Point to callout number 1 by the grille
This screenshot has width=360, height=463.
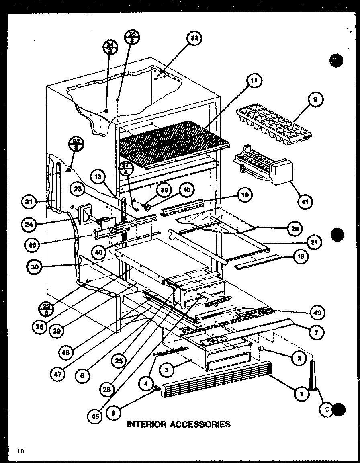(x=301, y=394)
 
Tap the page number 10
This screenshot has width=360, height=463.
(x=20, y=451)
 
